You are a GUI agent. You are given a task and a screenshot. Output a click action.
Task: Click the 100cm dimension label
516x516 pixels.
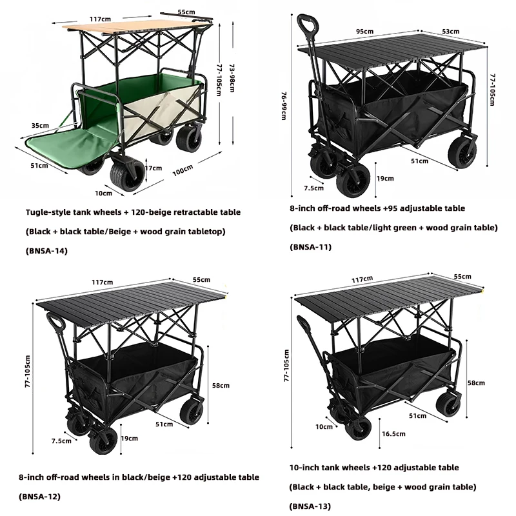point(183,170)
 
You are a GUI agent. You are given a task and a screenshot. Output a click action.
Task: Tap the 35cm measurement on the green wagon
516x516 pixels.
point(39,125)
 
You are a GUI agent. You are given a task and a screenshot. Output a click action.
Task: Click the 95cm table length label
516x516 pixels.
point(364,31)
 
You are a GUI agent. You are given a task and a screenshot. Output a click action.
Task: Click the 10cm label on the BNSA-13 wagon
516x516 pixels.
point(324,426)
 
